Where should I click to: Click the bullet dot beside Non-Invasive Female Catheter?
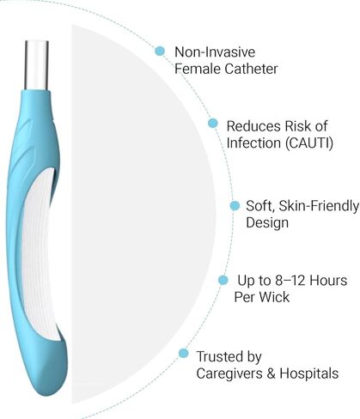pyautogui.click(x=160, y=51)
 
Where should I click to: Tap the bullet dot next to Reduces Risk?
pyautogui.click(x=212, y=123)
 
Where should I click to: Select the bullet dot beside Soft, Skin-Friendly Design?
pyautogui.click(x=235, y=205)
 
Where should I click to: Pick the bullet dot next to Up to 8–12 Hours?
pyautogui.click(x=223, y=280)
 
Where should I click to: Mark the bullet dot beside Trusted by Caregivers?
pyautogui.click(x=184, y=353)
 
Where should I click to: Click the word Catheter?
pyautogui.click(x=251, y=69)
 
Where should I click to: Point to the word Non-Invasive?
pyautogui.click(x=215, y=52)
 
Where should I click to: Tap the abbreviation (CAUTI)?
pyautogui.click(x=309, y=143)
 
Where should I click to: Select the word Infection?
pyautogui.click(x=253, y=143)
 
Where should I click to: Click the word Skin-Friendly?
pyautogui.click(x=319, y=206)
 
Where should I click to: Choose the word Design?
pyautogui.click(x=267, y=223)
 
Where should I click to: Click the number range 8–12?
pyautogui.click(x=290, y=280)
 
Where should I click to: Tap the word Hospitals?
pyautogui.click(x=309, y=373)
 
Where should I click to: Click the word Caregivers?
pyautogui.click(x=229, y=374)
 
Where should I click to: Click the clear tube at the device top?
pyautogui.click(x=37, y=65)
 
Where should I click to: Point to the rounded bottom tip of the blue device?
pyautogui.click(x=49, y=392)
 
